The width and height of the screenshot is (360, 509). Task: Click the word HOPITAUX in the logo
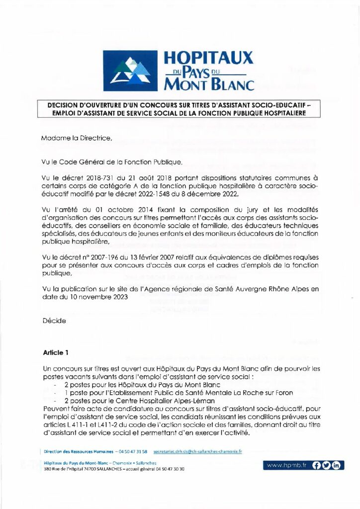[x=208, y=59]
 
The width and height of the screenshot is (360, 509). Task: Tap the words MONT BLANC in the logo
[x=209, y=85]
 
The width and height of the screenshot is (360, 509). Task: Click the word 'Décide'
[x=54, y=321]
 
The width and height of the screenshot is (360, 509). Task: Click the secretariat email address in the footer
[x=197, y=451]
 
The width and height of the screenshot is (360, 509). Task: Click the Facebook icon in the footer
[x=316, y=465]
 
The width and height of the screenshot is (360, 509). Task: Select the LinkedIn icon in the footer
[x=337, y=465]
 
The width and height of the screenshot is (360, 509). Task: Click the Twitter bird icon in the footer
[x=326, y=465]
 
